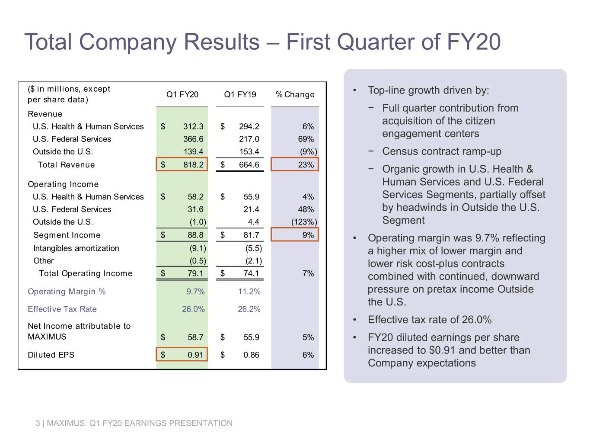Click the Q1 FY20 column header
click(182, 94)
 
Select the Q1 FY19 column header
click(240, 94)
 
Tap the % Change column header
click(295, 94)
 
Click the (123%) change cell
click(304, 221)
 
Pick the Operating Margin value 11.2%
click(249, 291)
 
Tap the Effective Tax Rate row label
click(62, 309)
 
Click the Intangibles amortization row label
click(76, 248)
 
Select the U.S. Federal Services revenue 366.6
click(193, 139)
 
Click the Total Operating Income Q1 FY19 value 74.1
click(251, 273)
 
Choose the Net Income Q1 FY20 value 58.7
click(195, 337)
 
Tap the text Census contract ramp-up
click(441, 151)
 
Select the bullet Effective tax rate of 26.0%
click(429, 320)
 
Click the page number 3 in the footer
click(38, 423)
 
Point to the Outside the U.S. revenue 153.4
click(249, 151)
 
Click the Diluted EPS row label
click(51, 355)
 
